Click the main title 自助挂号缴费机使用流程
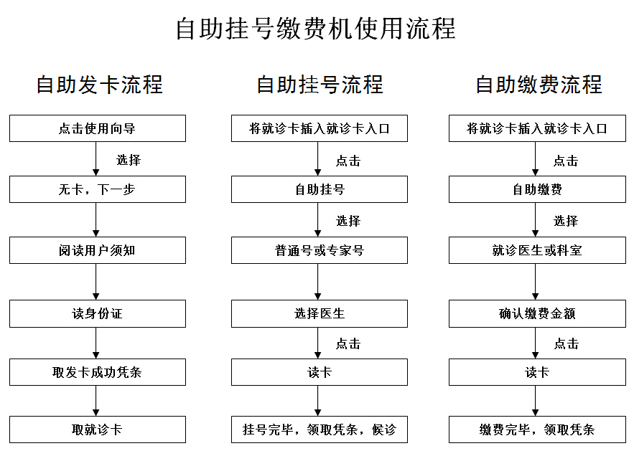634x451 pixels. [x=316, y=29]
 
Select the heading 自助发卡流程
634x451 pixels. [x=100, y=85]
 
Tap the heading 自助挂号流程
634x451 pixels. [x=320, y=85]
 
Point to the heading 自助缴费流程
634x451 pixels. [x=539, y=85]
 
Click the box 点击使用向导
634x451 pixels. [x=98, y=128]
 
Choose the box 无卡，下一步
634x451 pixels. [x=98, y=189]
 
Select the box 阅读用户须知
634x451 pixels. [x=98, y=250]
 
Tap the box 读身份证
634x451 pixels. [x=98, y=313]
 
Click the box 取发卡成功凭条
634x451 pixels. [x=98, y=372]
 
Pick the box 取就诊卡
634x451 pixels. [x=98, y=429]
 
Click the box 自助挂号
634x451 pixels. [x=320, y=189]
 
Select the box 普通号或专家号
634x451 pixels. [x=320, y=250]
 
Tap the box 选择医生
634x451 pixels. [x=320, y=313]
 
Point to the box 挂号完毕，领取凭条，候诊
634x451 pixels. [x=320, y=429]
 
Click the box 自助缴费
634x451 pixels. [x=537, y=189]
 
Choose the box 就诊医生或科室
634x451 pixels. [x=537, y=250]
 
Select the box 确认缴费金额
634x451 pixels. [x=537, y=313]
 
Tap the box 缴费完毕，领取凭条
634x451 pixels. [x=537, y=429]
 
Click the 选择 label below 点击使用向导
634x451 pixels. [x=129, y=160]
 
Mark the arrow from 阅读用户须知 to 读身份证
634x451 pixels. [x=95, y=282]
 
